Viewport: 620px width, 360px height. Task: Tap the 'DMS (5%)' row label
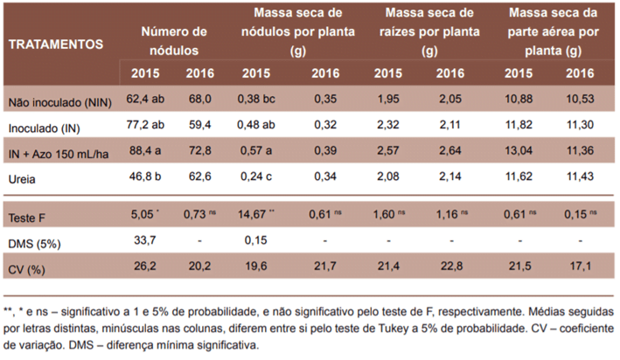click(32, 241)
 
